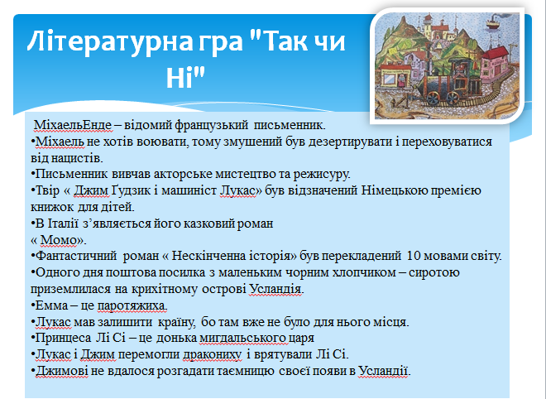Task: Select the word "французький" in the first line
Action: coord(211,125)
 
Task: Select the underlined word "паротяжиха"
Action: coord(132,305)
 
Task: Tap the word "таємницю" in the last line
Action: coord(247,371)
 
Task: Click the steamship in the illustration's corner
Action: coord(495,22)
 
